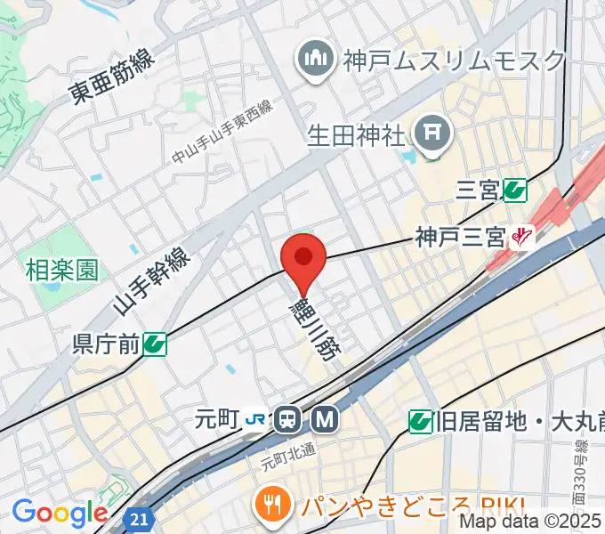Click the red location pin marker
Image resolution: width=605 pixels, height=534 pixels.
[303, 259]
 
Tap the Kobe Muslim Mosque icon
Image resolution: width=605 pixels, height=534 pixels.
[315, 61]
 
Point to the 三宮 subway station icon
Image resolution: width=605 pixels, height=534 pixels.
[514, 189]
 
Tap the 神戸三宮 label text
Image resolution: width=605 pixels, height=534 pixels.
[460, 238]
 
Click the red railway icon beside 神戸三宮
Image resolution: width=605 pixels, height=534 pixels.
[521, 238]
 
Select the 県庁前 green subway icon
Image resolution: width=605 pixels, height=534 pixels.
[156, 343]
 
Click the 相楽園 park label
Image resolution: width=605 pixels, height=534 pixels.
[61, 269]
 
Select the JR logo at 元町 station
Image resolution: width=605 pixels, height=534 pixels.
[255, 417]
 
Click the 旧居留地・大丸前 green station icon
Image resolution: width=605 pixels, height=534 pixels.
[421, 420]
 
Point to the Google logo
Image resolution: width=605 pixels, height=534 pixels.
[60, 513]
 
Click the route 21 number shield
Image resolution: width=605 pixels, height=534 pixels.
[140, 518]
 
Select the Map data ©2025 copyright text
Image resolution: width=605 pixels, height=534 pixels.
[530, 522]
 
